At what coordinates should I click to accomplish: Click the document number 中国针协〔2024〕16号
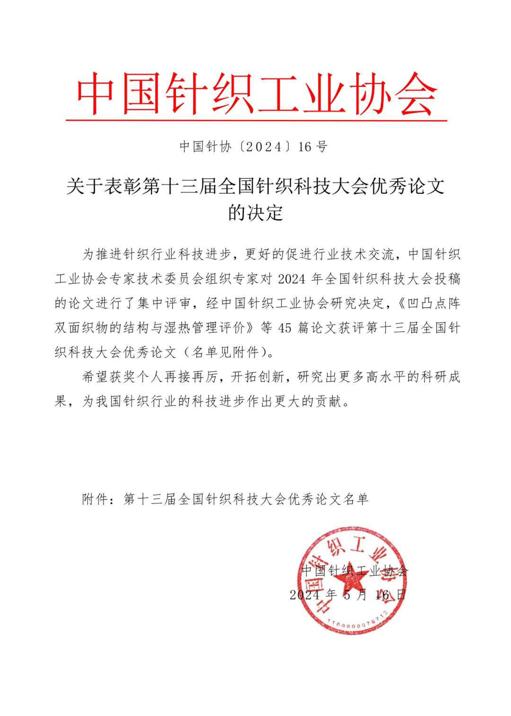tap(254, 147)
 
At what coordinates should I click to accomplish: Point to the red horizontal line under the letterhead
tap(256, 121)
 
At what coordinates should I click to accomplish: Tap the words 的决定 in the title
tap(255, 213)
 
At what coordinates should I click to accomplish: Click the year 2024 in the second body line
tap(292, 279)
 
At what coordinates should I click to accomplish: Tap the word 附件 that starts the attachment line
tap(95, 499)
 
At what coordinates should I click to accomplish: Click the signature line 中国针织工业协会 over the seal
tap(354, 570)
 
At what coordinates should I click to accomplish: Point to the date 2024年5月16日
tap(348, 595)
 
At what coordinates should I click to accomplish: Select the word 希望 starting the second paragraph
tap(95, 377)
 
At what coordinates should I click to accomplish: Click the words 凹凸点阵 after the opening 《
tap(434, 303)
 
